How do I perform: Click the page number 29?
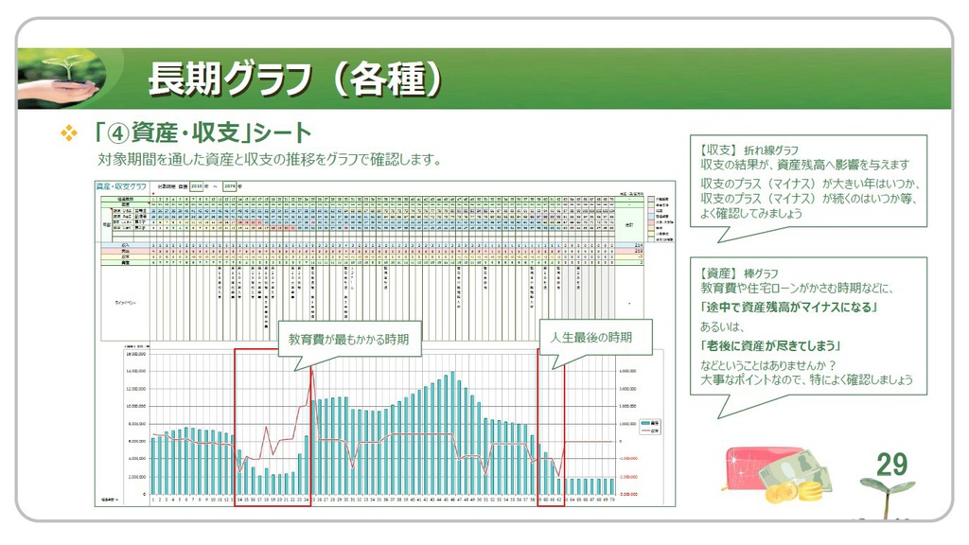click(x=891, y=464)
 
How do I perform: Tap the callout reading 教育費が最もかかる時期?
click(x=348, y=339)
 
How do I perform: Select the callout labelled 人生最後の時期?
click(x=591, y=336)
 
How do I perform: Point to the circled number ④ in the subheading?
click(x=117, y=133)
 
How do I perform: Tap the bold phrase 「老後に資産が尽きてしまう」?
click(x=771, y=345)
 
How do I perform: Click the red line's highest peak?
click(x=310, y=368)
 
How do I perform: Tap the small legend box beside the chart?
click(x=649, y=426)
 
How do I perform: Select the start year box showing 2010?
click(x=198, y=186)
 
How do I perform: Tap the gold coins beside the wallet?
click(x=793, y=489)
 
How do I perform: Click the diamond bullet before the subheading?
click(x=68, y=134)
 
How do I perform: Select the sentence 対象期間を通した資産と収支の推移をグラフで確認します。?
click(x=270, y=159)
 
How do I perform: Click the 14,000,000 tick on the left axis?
click(x=134, y=370)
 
